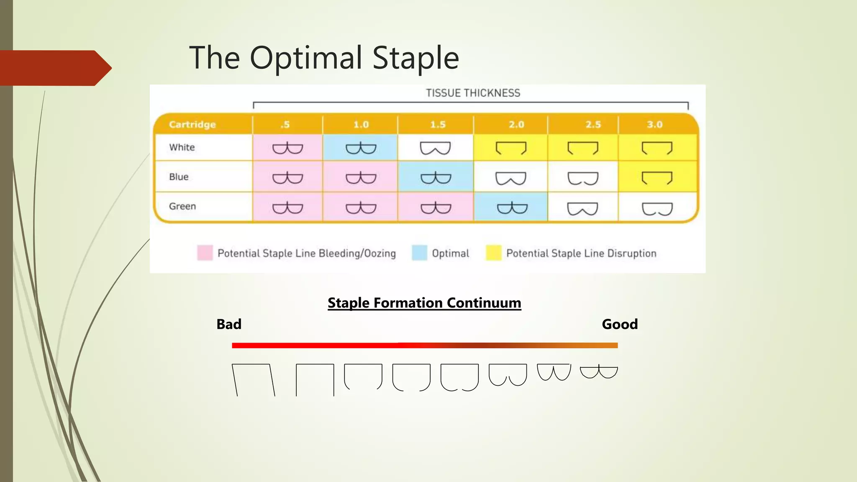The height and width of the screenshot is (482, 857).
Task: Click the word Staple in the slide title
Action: click(x=415, y=58)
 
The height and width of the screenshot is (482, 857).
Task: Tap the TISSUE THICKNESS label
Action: click(x=473, y=93)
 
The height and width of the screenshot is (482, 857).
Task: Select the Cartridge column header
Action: click(x=192, y=125)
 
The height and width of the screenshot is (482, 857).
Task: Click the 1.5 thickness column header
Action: click(x=437, y=125)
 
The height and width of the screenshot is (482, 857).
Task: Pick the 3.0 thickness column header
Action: click(x=654, y=125)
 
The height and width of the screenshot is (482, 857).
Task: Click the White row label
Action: click(x=182, y=147)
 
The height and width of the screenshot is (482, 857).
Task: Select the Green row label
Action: click(x=182, y=206)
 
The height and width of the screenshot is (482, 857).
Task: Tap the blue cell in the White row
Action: click(x=360, y=148)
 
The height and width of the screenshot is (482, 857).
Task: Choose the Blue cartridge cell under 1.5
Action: click(x=436, y=177)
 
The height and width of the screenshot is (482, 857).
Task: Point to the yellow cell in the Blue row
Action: click(x=657, y=177)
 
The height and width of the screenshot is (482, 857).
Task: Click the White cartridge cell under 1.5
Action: click(x=435, y=148)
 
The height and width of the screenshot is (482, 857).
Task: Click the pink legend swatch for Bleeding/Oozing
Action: click(x=205, y=253)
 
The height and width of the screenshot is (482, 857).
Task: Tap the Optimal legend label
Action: click(x=450, y=254)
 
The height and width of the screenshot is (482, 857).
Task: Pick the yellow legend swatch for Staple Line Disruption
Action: click(x=494, y=253)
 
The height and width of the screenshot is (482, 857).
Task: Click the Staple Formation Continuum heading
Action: click(x=424, y=303)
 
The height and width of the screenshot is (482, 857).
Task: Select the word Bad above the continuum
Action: click(x=229, y=324)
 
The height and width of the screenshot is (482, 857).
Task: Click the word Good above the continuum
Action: click(x=619, y=324)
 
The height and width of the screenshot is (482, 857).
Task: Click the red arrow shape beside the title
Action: click(x=54, y=68)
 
